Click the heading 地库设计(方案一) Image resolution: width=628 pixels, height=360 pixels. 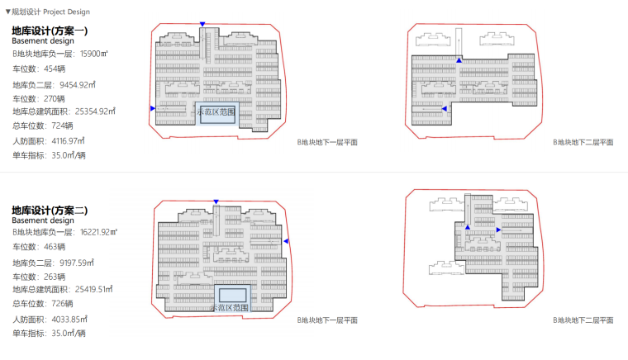(x=50, y=31)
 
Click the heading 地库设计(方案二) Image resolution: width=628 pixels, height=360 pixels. (x=50, y=211)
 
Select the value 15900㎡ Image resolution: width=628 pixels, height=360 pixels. (x=94, y=54)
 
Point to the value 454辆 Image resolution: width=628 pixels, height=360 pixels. (x=55, y=69)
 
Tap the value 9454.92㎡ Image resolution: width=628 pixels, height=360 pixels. (x=78, y=85)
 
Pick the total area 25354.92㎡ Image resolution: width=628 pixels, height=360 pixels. (x=95, y=111)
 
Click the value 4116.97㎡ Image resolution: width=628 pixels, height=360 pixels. (x=68, y=141)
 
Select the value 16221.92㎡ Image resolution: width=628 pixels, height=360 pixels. (x=99, y=232)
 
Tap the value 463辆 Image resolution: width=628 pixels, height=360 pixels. (x=55, y=247)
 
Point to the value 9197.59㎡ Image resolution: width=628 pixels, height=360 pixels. (x=77, y=263)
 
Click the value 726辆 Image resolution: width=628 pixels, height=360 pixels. (x=62, y=304)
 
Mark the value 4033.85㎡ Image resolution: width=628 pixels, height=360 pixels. (x=69, y=320)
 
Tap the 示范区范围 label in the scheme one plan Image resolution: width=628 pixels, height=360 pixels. (x=216, y=112)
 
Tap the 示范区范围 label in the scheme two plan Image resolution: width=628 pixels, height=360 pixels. (x=230, y=308)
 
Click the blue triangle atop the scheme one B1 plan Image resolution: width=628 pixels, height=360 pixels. (x=202, y=25)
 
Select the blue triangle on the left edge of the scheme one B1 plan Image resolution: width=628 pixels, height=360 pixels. (x=153, y=108)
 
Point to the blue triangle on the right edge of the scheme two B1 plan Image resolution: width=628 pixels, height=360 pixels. (x=286, y=241)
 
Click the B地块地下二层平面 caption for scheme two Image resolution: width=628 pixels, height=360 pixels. (x=583, y=320)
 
